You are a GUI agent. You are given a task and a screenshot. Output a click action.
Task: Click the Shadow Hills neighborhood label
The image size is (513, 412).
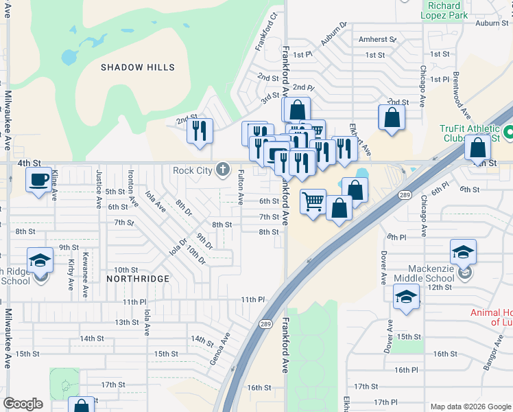[138, 67]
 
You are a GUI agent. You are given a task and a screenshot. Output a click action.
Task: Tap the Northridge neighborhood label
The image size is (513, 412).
[138, 279]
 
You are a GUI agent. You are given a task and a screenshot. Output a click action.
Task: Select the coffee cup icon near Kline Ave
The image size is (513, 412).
[38, 180]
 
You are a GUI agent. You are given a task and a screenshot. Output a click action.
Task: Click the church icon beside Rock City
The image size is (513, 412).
[222, 170]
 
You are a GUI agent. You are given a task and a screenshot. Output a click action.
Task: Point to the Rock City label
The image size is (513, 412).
[193, 170]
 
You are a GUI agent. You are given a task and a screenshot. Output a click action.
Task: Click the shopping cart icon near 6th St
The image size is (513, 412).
[313, 203]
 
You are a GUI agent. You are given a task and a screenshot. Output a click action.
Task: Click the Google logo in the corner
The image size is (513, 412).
[23, 404]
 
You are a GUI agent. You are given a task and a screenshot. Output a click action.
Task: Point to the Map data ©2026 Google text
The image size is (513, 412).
[470, 406]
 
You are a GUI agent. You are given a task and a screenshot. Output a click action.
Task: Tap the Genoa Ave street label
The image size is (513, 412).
[224, 350]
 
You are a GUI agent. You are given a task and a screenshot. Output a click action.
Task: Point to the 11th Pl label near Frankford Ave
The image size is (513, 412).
[252, 299]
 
